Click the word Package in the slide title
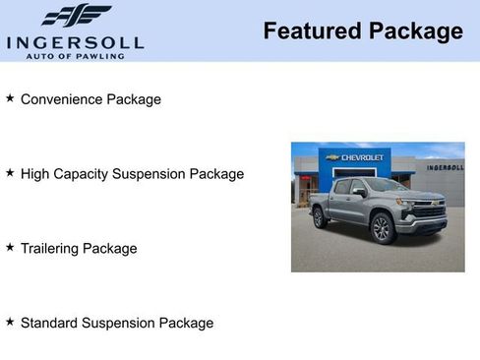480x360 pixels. pyautogui.click(x=415, y=31)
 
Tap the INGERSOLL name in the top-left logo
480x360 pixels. pyautogui.click(x=75, y=42)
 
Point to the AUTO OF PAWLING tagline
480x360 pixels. pyautogui.click(x=75, y=55)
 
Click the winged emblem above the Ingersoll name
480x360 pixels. pyautogui.click(x=76, y=17)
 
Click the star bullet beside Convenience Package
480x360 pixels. pyautogui.click(x=10, y=98)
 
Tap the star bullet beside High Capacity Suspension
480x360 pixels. pyautogui.click(x=10, y=173)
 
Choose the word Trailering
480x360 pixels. pyautogui.click(x=51, y=249)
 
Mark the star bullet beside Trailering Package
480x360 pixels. pyautogui.click(x=10, y=248)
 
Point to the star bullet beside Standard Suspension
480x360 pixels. pyautogui.click(x=10, y=322)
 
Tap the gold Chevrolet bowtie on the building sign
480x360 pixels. pyautogui.click(x=333, y=157)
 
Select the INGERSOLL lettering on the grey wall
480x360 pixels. pyautogui.click(x=445, y=167)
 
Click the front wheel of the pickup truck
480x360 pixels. pyautogui.click(x=383, y=228)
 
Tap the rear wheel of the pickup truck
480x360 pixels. pyautogui.click(x=320, y=217)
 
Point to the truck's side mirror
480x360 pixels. pyautogui.click(x=360, y=193)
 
